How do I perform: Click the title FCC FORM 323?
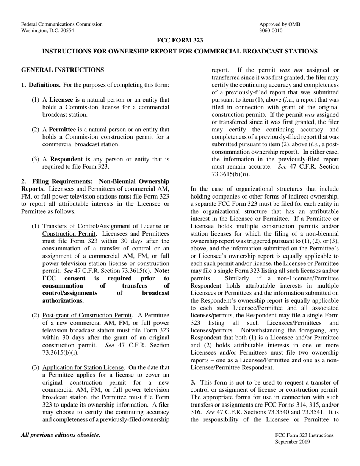(x=180, y=41)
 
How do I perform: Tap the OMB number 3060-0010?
(x=271, y=31)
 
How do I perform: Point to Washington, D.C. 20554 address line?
(x=47, y=31)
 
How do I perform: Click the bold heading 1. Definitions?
(x=41, y=85)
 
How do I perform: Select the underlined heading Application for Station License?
(x=83, y=367)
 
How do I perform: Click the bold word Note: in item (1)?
(x=162, y=271)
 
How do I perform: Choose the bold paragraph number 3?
(x=193, y=382)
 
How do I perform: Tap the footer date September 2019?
(x=293, y=442)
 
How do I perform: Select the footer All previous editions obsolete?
(x=61, y=435)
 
